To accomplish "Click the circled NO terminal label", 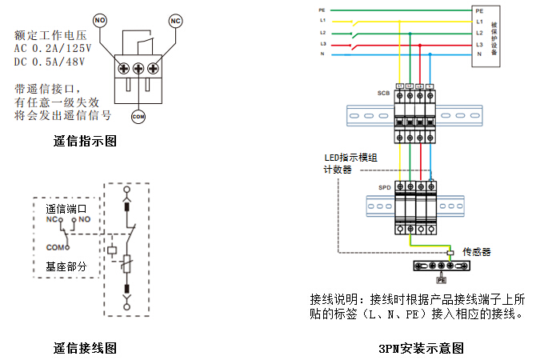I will pos(100,18).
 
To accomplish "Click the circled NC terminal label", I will pos(176,19).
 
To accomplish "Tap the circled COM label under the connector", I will pos(138,117).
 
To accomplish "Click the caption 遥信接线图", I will pos(85,348).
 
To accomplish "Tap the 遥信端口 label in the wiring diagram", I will pos(66,208).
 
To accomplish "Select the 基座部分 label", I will pos(66,266).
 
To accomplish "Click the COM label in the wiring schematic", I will pos(55,247).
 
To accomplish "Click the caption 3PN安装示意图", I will pos(421,348).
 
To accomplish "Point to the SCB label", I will pos(383,94).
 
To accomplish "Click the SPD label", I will pos(385,189).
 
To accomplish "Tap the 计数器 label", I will pos(337,170).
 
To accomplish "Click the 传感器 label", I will pos(476,252).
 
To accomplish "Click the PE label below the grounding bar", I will pos(440,281).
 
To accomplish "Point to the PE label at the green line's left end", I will pos(322,10).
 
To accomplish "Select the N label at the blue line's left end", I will pos(322,54).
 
